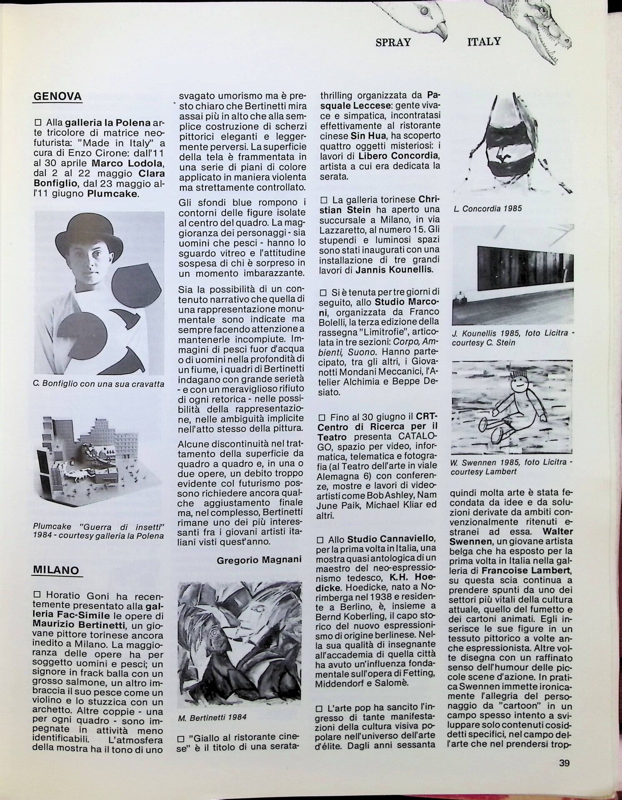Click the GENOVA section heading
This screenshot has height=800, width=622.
(x=57, y=97)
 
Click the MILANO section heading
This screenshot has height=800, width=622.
(x=56, y=570)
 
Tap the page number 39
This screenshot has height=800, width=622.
(x=564, y=763)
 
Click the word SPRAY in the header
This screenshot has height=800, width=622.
(x=393, y=42)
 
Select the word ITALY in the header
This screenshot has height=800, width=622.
(x=484, y=41)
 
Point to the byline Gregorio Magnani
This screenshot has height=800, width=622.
(x=259, y=560)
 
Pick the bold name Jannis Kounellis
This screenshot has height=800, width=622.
(x=394, y=270)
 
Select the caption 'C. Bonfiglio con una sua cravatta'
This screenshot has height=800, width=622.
(x=98, y=384)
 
